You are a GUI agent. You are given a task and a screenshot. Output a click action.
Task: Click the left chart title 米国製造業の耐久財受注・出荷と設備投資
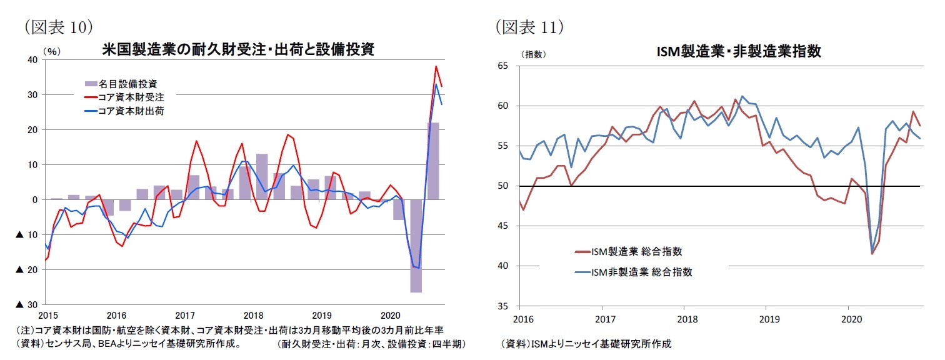coord(238,50)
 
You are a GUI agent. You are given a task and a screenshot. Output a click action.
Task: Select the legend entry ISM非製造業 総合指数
coord(641,272)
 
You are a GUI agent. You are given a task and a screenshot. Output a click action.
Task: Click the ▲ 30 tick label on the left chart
coord(27,304)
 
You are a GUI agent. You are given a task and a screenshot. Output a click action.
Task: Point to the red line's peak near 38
coord(436,67)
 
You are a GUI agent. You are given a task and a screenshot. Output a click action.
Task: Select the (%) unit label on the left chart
coord(51,52)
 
